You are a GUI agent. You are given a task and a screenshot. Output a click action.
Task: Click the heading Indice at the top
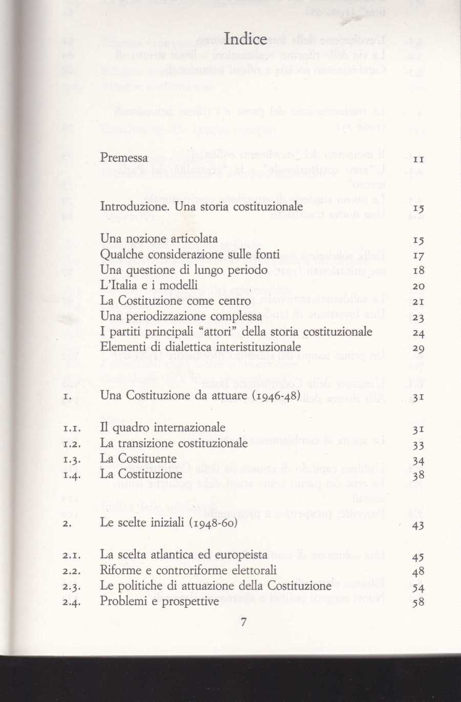(246, 39)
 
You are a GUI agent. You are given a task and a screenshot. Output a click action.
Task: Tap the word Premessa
(124, 158)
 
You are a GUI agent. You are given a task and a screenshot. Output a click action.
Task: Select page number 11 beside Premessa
(418, 160)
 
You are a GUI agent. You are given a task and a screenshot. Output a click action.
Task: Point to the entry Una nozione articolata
(159, 239)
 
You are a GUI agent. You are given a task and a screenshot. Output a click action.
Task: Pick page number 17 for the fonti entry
(418, 256)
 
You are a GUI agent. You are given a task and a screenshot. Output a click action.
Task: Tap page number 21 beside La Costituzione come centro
(418, 302)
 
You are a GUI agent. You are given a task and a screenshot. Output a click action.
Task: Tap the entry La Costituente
(138, 458)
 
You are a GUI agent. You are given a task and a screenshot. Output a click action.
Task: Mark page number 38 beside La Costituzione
(418, 476)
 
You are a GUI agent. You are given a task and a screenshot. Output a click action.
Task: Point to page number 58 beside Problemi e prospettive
(418, 603)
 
